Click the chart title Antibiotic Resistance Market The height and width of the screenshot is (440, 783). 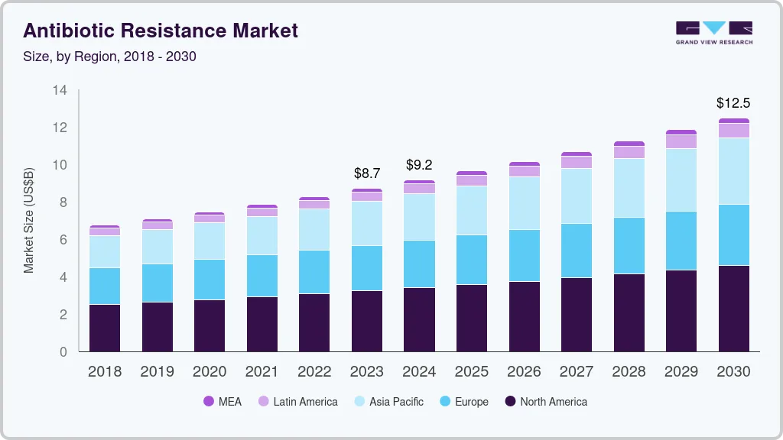click(161, 31)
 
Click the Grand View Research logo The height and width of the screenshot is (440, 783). click(714, 33)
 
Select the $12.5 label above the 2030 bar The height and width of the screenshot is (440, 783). click(733, 102)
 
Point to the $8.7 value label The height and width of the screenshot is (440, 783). click(367, 173)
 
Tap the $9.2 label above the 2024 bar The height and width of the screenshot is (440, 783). click(419, 165)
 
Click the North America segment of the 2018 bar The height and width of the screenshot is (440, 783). click(105, 328)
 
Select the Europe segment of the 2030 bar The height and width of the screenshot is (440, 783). click(733, 235)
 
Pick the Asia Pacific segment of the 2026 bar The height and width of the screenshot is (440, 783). click(524, 203)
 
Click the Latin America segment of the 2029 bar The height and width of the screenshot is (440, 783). click(681, 141)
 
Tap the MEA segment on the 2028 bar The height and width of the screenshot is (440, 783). click(629, 144)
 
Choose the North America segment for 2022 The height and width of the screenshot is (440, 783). click(314, 322)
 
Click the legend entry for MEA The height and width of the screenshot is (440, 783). click(223, 402)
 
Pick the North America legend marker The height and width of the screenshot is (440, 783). click(510, 402)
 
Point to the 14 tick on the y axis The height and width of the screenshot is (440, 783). click(60, 90)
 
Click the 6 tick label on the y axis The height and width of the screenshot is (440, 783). click(63, 240)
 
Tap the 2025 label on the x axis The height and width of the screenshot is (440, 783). click(472, 372)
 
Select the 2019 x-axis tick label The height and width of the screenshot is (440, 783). click(157, 372)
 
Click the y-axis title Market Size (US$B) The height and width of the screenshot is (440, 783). click(29, 221)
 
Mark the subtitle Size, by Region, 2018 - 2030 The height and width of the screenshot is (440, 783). click(110, 57)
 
